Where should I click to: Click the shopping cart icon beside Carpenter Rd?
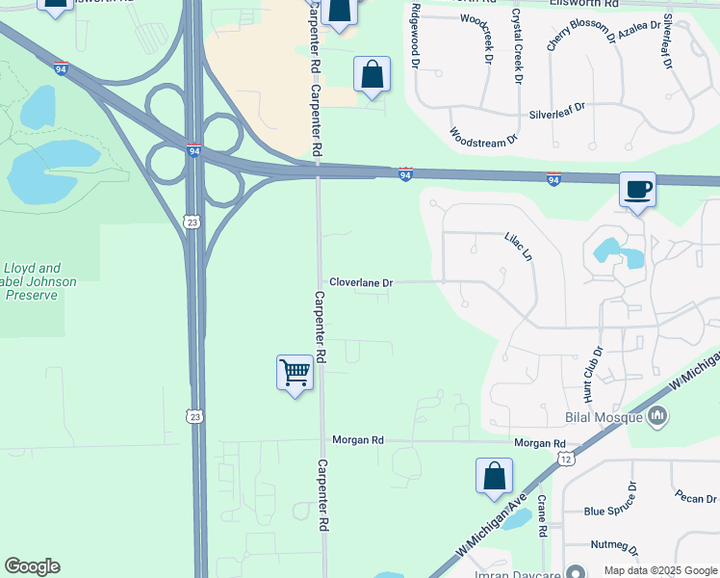pos(296,373)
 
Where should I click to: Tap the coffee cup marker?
pos(636,189)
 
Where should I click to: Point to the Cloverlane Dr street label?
pos(361,283)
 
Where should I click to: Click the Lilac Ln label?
pos(518,247)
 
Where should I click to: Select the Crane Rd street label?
pos(542,516)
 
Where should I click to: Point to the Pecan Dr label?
pos(695,499)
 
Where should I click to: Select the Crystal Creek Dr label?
pos(517,45)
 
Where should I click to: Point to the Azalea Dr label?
pos(640,27)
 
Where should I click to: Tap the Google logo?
pos(32,566)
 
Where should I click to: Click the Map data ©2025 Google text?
pos(660,569)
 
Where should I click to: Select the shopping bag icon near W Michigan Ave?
pos(494,475)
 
